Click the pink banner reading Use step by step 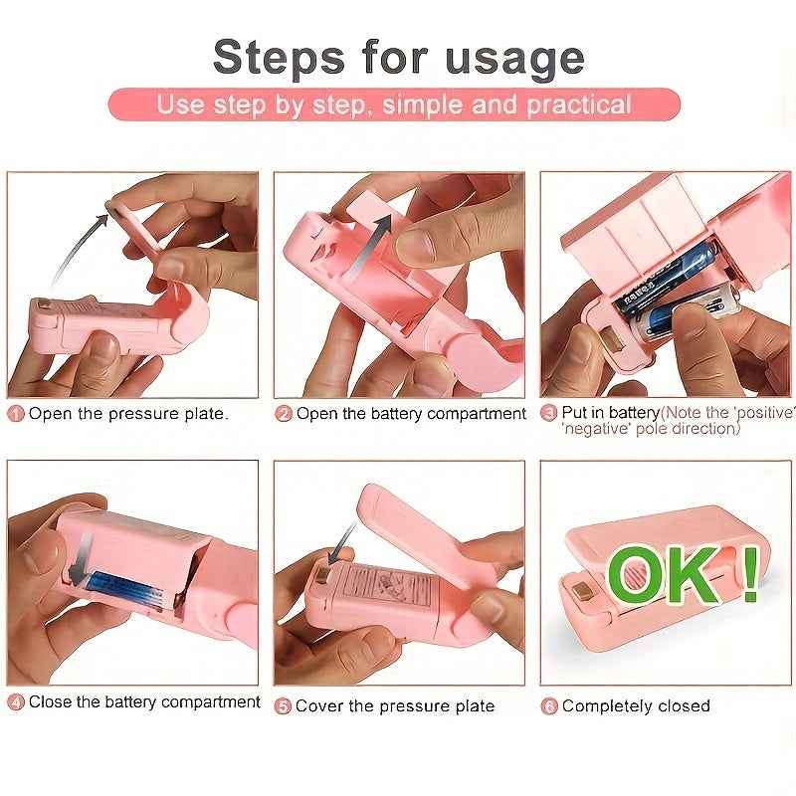click(x=394, y=104)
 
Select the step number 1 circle click(x=16, y=414)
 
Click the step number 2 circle click(x=284, y=414)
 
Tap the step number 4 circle click(x=16, y=702)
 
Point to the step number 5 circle click(x=284, y=706)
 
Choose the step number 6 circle click(x=548, y=706)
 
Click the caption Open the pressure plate click(x=128, y=414)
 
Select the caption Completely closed click(x=636, y=706)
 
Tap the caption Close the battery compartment click(x=144, y=702)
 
